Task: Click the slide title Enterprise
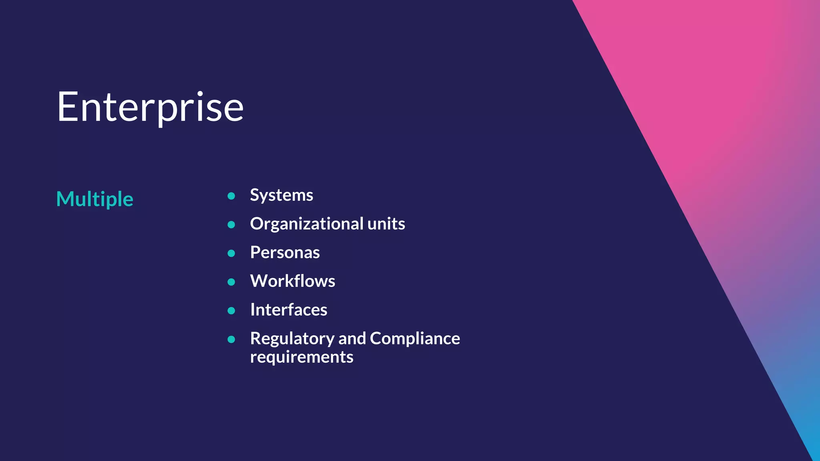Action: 150,107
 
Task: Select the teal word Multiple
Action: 94,199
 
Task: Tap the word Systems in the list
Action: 281,195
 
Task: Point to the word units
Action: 386,224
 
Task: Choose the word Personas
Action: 285,253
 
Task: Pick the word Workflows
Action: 292,281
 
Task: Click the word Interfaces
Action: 288,310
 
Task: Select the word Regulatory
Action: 292,339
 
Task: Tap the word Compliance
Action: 415,339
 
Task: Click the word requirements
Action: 301,357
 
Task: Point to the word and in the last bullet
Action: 352,339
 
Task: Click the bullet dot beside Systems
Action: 231,196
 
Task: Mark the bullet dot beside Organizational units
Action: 231,224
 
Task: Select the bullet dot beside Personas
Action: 231,253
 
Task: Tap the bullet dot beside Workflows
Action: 231,282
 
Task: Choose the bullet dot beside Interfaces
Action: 231,311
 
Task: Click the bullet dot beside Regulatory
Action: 231,339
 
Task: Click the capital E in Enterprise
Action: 68,107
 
